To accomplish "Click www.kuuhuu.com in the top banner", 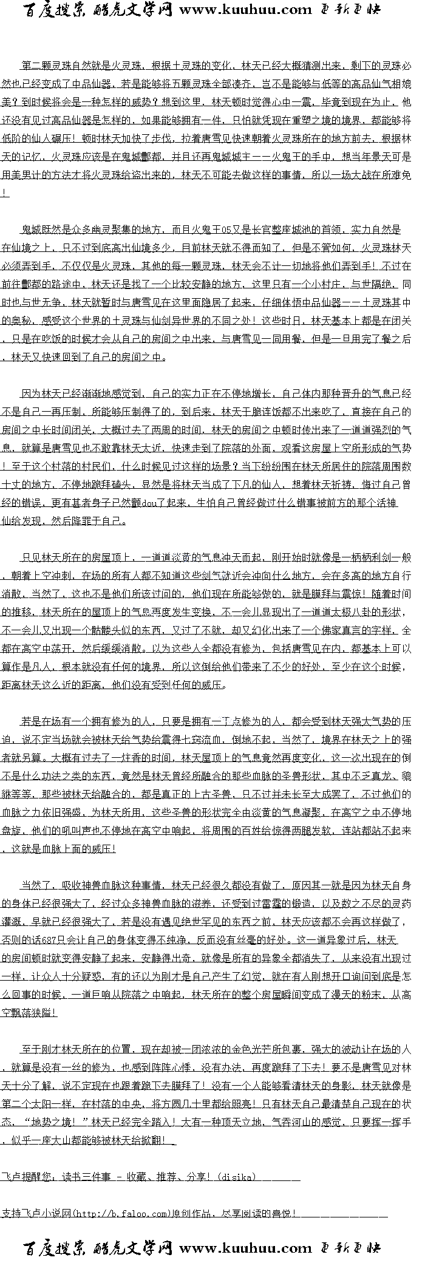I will (245, 10).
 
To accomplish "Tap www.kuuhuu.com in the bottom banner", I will (245, 1248).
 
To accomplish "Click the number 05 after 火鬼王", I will (226, 230).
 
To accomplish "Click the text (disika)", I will (234, 1177).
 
